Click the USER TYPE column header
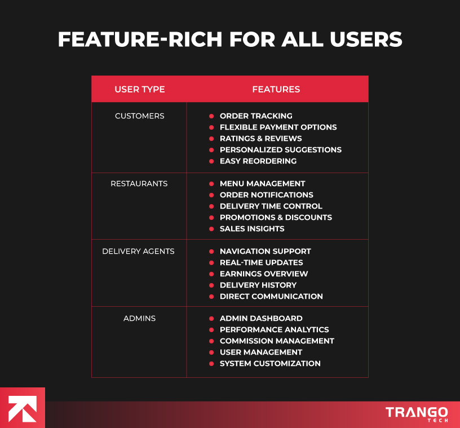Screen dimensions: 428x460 click(139, 89)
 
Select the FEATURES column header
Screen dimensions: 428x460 click(276, 89)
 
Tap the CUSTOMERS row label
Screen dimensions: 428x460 click(139, 116)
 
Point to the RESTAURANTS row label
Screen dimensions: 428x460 click(139, 184)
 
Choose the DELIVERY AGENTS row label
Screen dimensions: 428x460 click(138, 251)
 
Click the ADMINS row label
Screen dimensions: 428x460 click(139, 319)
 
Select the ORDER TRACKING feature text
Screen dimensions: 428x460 click(256, 116)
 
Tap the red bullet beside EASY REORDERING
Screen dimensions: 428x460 click(211, 161)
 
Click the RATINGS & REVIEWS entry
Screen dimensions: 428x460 click(260, 139)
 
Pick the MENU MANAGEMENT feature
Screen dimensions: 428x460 click(262, 184)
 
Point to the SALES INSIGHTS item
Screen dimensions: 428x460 click(251, 229)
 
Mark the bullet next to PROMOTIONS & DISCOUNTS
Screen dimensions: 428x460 click(211, 218)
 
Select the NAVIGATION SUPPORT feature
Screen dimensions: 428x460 click(265, 251)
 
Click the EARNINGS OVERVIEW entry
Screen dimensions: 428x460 click(264, 274)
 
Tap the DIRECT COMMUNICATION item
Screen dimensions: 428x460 click(271, 297)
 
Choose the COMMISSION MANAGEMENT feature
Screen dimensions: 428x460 click(277, 341)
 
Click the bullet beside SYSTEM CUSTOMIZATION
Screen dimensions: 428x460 click(211, 364)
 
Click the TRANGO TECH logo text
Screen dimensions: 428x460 click(417, 413)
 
